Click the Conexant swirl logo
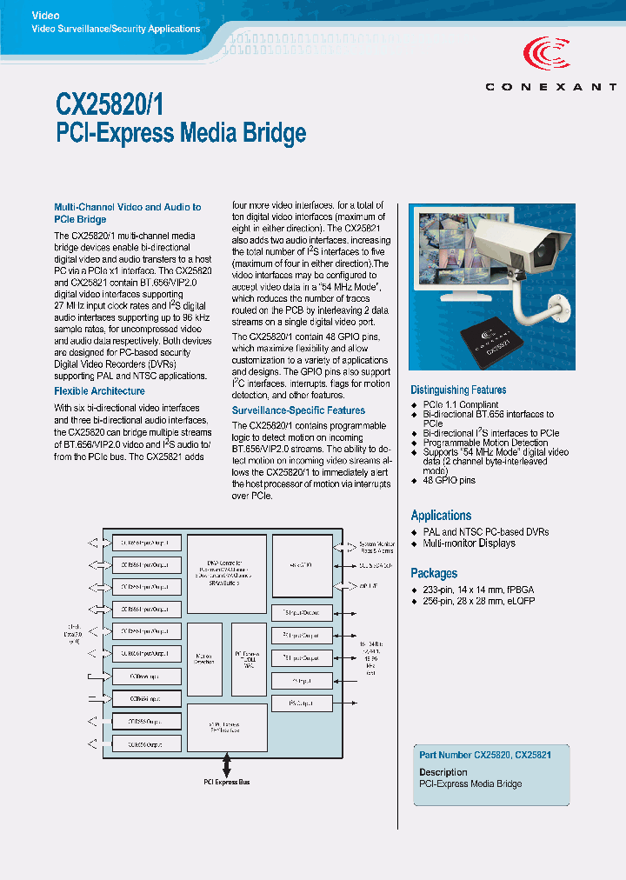(x=549, y=55)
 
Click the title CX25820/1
(x=109, y=104)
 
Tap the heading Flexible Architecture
(x=99, y=391)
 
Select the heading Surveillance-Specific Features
(x=298, y=410)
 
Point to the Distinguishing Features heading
(x=458, y=390)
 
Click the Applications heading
(x=441, y=516)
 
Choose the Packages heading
(x=434, y=574)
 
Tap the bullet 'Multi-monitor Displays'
(x=469, y=543)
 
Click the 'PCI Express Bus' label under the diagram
(x=226, y=783)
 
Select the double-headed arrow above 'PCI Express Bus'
(x=227, y=764)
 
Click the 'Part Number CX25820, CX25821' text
(x=485, y=756)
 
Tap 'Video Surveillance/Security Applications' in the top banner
(x=116, y=30)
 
